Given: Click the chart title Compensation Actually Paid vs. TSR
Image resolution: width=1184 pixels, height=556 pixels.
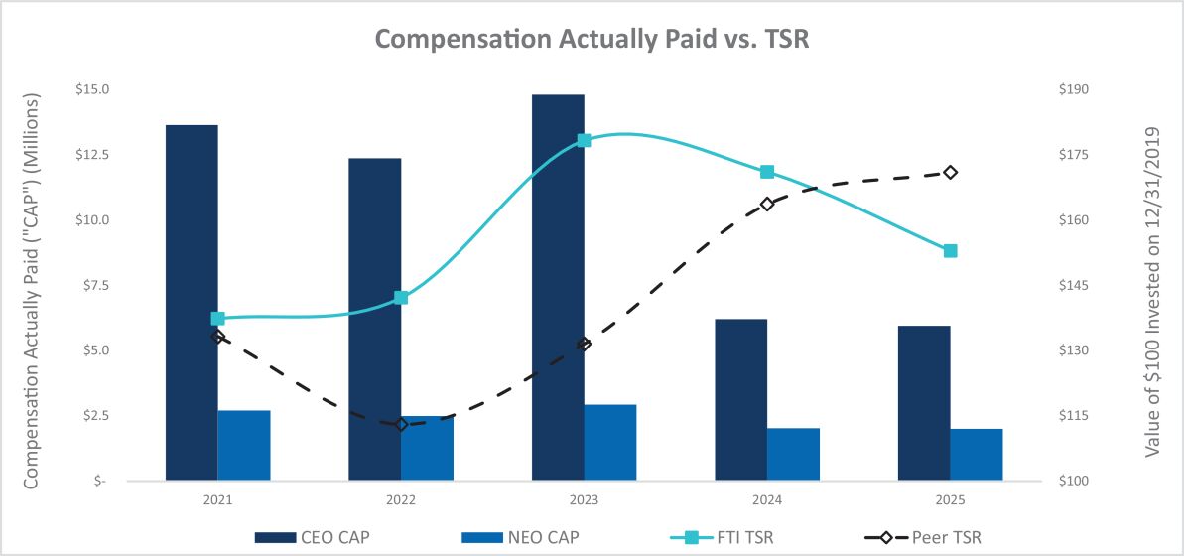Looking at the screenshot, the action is point(592,40).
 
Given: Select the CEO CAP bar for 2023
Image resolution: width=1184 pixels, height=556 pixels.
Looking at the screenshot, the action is point(558,287).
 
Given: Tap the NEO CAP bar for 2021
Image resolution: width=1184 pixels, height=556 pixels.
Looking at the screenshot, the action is point(244,446).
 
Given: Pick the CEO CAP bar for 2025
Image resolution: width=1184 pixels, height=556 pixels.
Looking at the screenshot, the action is point(924,403).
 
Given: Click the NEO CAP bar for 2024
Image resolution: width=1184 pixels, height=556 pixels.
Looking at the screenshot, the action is point(794,454).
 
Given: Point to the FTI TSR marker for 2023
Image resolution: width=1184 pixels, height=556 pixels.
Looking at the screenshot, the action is point(584,141).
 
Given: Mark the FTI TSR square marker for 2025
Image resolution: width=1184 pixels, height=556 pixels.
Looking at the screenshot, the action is point(951,251).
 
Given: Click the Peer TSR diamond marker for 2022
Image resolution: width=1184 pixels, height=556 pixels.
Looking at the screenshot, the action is point(401,425).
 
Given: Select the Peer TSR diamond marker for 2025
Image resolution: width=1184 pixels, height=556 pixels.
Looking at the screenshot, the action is point(951,172).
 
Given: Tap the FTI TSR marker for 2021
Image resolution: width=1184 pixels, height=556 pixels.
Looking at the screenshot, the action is point(218,319).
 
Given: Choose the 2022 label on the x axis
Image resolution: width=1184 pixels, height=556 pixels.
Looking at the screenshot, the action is point(401,500).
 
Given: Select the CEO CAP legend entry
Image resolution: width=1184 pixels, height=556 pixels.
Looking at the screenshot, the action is point(313,537).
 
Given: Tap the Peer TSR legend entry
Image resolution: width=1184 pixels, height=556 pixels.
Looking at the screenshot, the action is point(923,537).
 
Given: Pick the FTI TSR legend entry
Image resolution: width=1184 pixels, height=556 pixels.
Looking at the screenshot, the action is point(722,537).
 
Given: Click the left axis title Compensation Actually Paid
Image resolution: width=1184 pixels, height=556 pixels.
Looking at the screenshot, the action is point(32,292).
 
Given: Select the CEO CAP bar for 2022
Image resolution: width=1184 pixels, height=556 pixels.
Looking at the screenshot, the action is point(374,319).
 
